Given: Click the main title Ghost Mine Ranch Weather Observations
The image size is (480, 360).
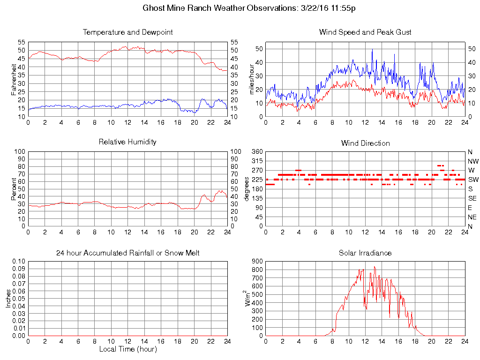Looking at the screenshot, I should (240, 8).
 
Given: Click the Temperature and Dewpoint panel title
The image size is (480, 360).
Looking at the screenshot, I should (127, 32).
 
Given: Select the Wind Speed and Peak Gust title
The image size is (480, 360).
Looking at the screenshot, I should (365, 32).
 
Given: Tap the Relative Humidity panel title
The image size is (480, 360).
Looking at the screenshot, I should (127, 142).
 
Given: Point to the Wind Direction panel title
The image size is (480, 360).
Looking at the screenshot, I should (365, 143).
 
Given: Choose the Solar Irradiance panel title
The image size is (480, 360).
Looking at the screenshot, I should (365, 253).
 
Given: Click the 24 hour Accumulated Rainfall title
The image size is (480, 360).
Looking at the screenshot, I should (127, 253).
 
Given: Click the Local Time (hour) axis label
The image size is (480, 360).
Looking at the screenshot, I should (127, 349).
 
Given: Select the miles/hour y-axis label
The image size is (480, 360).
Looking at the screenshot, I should (251, 78).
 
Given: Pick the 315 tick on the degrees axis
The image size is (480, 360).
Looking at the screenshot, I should (257, 161).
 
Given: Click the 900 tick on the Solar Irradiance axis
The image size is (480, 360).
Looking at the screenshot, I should (257, 262).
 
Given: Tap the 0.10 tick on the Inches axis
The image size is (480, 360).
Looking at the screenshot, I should (18, 261).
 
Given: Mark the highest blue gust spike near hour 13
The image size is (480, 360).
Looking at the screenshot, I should (373, 50).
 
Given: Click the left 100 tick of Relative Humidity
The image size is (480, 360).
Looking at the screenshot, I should (20, 152).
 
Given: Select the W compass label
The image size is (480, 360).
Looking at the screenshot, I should (471, 170).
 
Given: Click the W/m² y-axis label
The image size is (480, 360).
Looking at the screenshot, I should (248, 298).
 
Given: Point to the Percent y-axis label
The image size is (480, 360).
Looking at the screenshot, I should (14, 188).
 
